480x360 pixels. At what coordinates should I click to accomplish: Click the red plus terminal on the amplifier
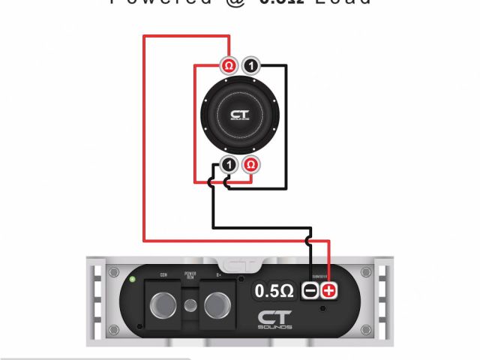pyautogui.click(x=328, y=290)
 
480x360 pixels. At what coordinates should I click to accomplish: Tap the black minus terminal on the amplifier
pyautogui.click(x=310, y=290)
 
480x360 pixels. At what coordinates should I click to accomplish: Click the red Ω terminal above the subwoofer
pyautogui.click(x=229, y=66)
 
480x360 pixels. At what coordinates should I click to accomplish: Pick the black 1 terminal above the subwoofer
pyautogui.click(x=251, y=66)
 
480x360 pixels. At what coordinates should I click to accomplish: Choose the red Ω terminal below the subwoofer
pyautogui.click(x=252, y=164)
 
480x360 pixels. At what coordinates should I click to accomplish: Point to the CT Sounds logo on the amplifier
pyautogui.click(x=275, y=319)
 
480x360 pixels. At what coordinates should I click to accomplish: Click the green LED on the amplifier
pyautogui.click(x=133, y=280)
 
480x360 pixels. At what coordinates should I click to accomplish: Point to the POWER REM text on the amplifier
pyautogui.click(x=190, y=275)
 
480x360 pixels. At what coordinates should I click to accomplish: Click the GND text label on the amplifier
pyautogui.click(x=163, y=275)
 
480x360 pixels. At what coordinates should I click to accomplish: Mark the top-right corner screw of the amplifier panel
pyautogui.click(x=365, y=271)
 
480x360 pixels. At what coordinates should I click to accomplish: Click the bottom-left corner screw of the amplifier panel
pyautogui.click(x=114, y=329)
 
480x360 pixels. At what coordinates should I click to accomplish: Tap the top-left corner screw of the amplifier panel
pyautogui.click(x=114, y=271)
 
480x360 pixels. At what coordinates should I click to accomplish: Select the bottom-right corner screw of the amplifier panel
pyautogui.click(x=365, y=329)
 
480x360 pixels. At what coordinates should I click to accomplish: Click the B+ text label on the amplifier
pyautogui.click(x=217, y=275)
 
